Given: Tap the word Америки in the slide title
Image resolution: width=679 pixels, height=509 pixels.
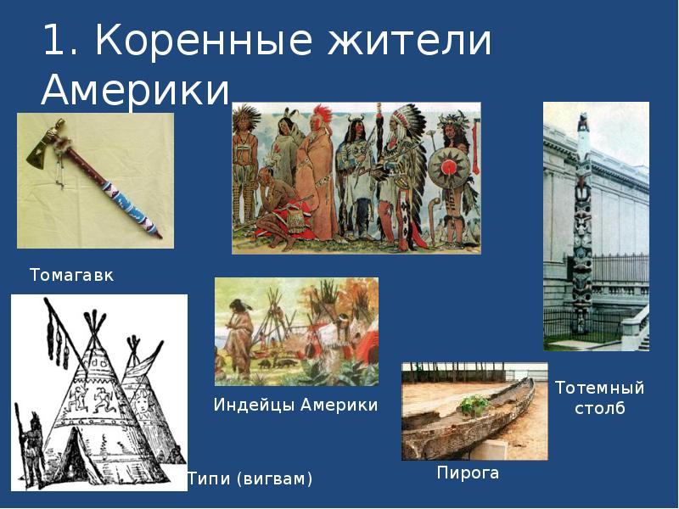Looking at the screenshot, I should (x=136, y=88).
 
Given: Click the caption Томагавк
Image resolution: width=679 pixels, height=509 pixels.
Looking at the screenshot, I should (x=71, y=276).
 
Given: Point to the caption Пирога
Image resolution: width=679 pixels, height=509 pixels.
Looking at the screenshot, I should (x=468, y=473).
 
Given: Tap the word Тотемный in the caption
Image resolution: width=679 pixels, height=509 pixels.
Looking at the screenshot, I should (x=599, y=389).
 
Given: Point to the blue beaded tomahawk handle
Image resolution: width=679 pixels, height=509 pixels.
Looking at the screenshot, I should (x=127, y=204).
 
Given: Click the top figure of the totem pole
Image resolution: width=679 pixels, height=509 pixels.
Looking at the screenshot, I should (x=583, y=123).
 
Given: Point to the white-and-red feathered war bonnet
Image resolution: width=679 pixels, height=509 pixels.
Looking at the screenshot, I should (x=397, y=123).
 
